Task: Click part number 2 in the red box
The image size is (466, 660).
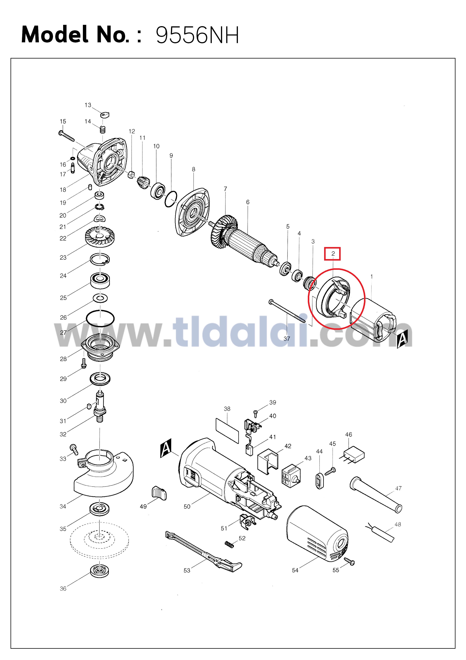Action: tap(333, 254)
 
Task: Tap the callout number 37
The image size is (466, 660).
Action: tap(287, 339)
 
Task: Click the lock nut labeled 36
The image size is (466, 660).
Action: tap(99, 571)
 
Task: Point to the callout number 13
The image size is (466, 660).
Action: tap(88, 105)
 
